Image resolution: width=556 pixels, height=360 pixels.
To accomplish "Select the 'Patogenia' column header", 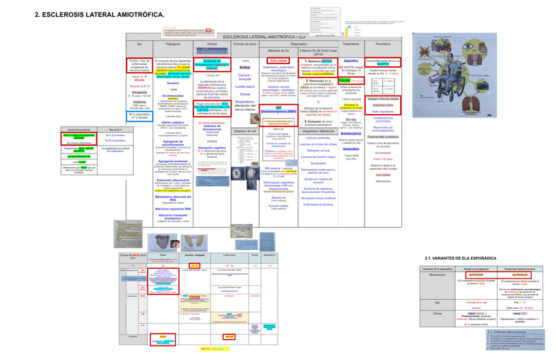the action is pos(173,43).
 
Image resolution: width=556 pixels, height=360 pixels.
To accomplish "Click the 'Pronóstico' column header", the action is pos(383,43).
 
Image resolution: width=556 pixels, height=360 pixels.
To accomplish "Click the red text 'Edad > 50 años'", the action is pos(383,159).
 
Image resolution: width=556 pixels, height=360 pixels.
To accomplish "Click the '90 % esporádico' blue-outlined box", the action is pos(139,115).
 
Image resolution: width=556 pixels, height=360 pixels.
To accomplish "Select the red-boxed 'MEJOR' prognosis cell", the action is pos(229,336).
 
